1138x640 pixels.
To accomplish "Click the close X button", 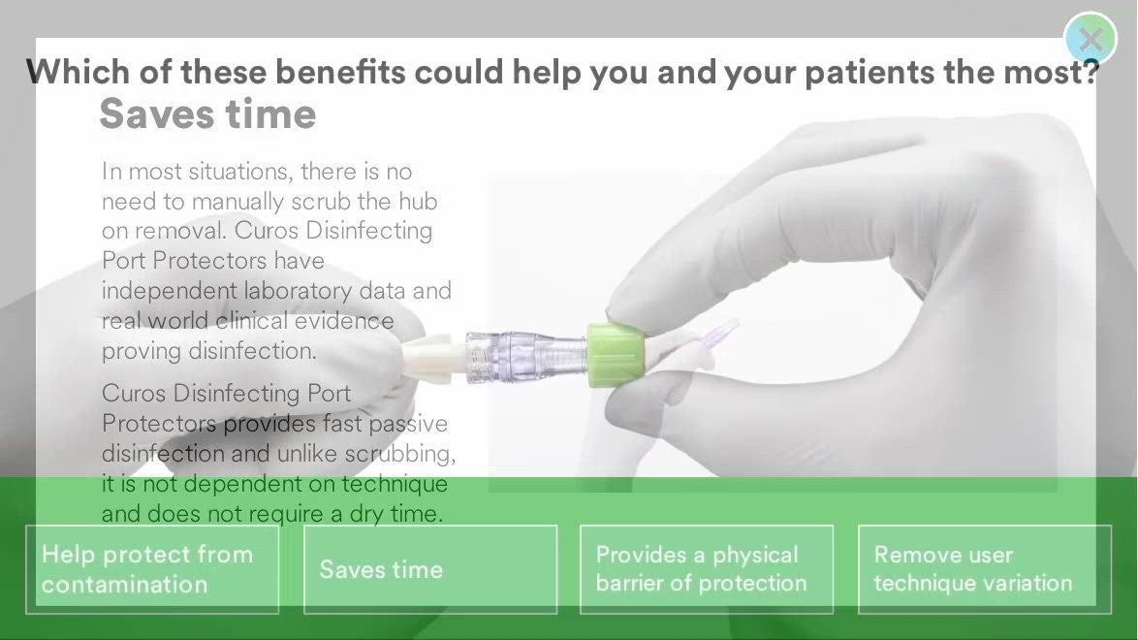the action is (x=1091, y=39).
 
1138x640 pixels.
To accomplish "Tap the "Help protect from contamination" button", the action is (x=152, y=569).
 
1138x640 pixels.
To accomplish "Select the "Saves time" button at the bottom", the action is (x=430, y=569).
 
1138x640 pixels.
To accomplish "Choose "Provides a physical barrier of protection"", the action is (x=707, y=569).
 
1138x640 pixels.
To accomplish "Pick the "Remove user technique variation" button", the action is (x=984, y=569).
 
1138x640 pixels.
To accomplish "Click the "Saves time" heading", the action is (x=207, y=114).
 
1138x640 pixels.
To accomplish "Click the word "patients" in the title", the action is (x=866, y=73).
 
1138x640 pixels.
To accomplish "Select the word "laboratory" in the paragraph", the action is (x=299, y=291).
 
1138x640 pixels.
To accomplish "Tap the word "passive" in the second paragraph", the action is (x=408, y=424).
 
